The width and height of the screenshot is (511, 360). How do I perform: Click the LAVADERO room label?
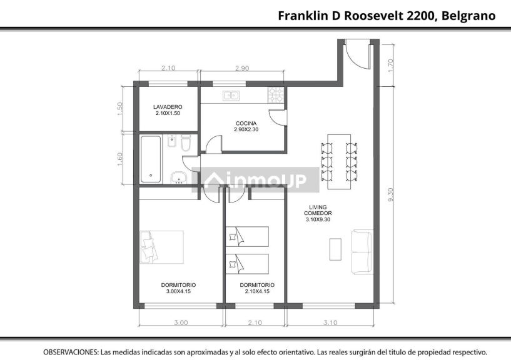tap(168, 110)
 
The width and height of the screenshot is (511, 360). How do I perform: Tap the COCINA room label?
tap(246, 126)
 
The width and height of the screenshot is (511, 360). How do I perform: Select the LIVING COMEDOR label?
tap(318, 213)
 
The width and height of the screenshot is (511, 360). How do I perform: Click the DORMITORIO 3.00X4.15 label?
tap(178, 288)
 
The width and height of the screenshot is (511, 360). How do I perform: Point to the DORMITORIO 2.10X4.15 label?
tap(257, 288)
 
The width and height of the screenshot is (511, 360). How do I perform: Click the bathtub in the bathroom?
tap(151, 159)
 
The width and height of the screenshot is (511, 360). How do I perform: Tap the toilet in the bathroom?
tap(185, 143)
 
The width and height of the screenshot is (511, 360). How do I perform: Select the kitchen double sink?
tap(231, 96)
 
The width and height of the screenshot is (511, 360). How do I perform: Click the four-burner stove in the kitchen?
tap(276, 94)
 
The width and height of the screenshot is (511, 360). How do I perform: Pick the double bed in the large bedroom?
tap(162, 247)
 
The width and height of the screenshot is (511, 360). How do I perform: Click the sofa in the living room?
tap(362, 252)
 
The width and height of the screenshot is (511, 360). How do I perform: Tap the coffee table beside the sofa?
tap(335, 249)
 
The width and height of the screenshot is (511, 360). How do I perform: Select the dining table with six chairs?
tap(339, 162)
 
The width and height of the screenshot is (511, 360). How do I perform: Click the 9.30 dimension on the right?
tap(392, 194)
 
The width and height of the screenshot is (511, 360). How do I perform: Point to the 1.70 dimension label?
tap(392, 65)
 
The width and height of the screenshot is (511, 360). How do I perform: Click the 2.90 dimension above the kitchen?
tap(242, 68)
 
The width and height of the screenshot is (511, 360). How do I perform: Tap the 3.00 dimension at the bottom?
tap(181, 322)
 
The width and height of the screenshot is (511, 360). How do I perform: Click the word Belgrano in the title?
tap(468, 16)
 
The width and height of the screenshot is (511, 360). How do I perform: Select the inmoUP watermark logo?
tap(255, 180)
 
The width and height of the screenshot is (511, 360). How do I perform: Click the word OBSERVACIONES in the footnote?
tap(71, 352)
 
